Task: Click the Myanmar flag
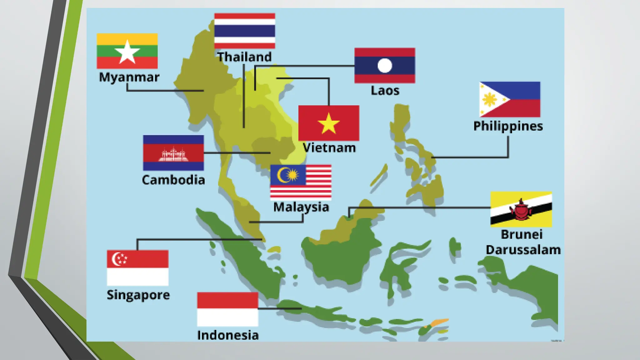pyautogui.click(x=127, y=51)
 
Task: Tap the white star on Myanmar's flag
pyautogui.click(x=127, y=52)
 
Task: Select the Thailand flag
pyautogui.click(x=245, y=31)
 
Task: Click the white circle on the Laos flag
pyautogui.click(x=385, y=66)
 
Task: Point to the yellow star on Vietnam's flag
pyautogui.click(x=328, y=123)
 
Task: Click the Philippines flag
pyautogui.click(x=510, y=99)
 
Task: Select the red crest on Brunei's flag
pyautogui.click(x=521, y=210)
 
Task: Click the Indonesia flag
pyautogui.click(x=227, y=309)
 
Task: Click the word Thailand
pyautogui.click(x=245, y=57)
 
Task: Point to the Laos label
pyautogui.click(x=385, y=91)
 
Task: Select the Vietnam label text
pyautogui.click(x=329, y=148)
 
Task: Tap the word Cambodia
pyautogui.click(x=173, y=180)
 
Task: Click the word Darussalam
pyautogui.click(x=523, y=250)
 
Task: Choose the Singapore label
pyautogui.click(x=138, y=295)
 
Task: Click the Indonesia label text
pyautogui.click(x=228, y=335)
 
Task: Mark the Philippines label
pyautogui.click(x=508, y=126)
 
